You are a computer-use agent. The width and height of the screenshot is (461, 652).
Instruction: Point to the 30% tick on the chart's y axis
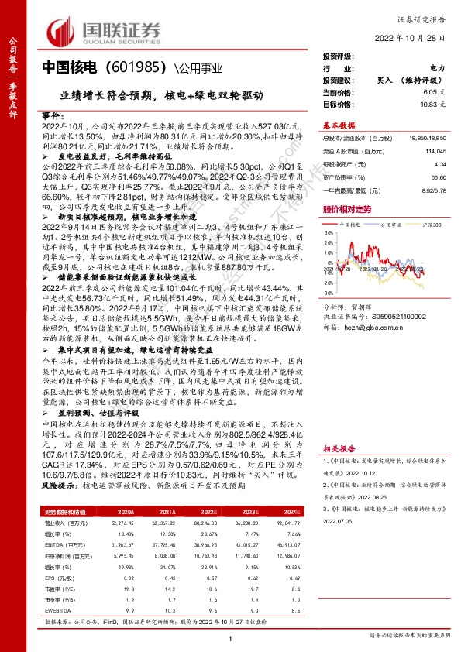point(329,230)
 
